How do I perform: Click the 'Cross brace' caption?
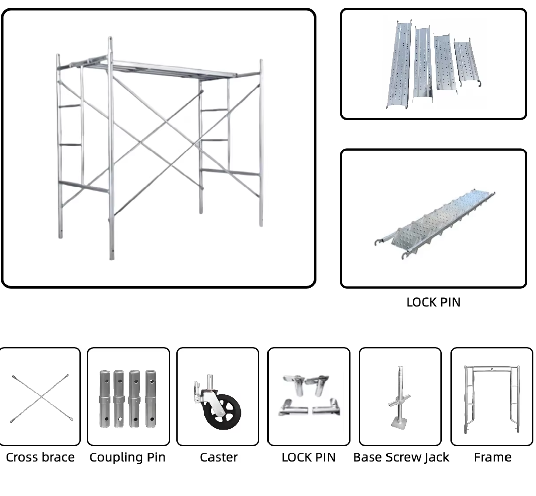tap(40, 457)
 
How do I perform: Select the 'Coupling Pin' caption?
tap(127, 457)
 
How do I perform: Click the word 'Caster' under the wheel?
tap(219, 457)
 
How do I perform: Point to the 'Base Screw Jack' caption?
tap(401, 457)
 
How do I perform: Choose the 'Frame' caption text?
tap(492, 457)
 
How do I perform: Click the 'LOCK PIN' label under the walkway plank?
tap(433, 302)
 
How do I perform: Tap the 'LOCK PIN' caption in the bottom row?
tap(309, 457)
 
